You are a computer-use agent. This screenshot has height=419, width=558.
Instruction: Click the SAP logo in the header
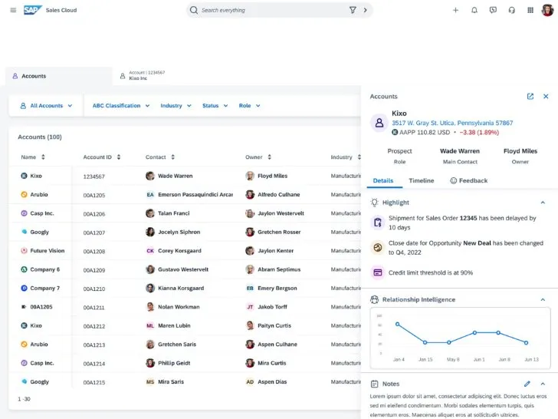coord(31,10)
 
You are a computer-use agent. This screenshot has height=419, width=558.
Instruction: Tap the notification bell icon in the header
coord(474,10)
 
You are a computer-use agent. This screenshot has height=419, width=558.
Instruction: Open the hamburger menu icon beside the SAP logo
coord(12,10)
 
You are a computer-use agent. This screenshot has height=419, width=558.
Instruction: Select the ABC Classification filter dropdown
coord(120,106)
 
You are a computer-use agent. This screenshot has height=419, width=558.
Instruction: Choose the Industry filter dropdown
coord(176,106)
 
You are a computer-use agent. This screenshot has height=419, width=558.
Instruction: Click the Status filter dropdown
coord(215,106)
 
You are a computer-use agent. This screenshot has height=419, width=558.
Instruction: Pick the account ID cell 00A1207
coord(94,232)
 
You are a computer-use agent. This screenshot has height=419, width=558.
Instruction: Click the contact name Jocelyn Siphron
coord(179,232)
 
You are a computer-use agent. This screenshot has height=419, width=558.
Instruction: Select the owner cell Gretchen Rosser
coord(279,232)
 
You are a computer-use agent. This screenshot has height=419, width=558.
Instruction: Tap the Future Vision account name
coord(47,251)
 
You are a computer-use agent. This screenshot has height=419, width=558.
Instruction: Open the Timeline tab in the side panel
coord(421,180)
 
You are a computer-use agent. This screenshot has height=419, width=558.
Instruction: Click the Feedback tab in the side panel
coord(468,180)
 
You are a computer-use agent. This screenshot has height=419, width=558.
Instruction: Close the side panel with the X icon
coord(546,97)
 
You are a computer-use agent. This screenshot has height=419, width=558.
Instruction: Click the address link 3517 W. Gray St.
coord(451,123)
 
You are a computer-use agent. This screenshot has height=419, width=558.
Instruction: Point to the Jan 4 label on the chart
coord(398,360)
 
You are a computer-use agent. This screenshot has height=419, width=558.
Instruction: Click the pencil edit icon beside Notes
coord(527,384)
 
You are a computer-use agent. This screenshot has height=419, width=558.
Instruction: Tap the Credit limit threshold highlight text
coord(430,272)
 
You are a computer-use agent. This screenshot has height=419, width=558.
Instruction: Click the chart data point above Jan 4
coord(397,324)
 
